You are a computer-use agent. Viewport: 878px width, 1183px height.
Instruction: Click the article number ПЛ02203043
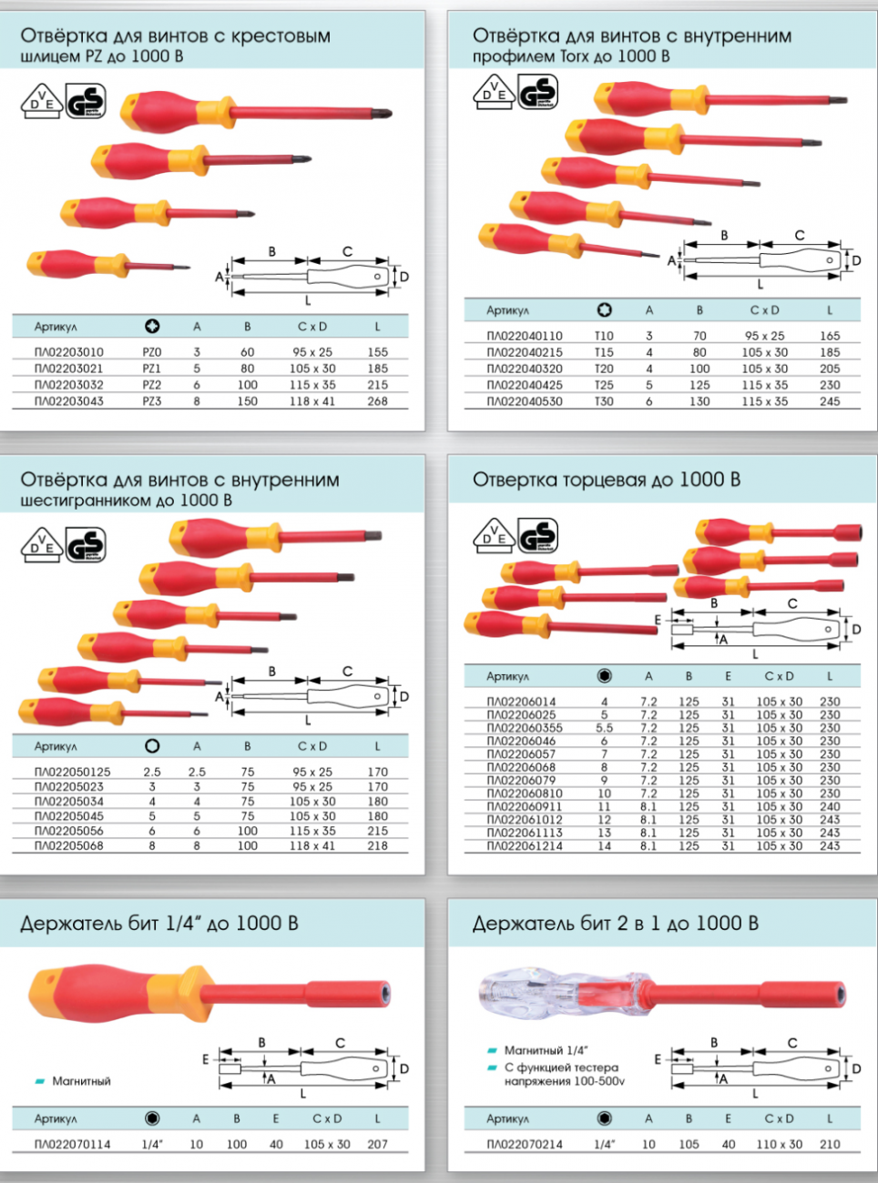69,401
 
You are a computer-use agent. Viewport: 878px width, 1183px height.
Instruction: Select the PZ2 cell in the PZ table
152,385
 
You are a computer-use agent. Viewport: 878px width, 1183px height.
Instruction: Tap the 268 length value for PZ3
378,401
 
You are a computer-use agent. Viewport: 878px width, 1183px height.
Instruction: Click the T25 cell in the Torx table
604,385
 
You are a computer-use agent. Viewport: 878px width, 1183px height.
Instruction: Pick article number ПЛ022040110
525,336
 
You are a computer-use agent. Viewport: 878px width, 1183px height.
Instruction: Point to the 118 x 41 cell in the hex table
312,845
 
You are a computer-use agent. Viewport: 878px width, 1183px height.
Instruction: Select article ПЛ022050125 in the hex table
73,772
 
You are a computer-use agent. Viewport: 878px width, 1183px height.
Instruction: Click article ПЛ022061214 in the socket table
525,846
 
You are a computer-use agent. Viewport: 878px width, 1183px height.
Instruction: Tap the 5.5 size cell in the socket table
604,728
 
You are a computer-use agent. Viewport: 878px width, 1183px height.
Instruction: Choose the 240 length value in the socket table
830,806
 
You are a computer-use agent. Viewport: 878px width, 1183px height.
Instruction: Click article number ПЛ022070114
73,1144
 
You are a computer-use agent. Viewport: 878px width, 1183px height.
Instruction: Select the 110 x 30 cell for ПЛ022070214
780,1144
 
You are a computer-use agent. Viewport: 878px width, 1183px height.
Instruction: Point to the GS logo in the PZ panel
86,100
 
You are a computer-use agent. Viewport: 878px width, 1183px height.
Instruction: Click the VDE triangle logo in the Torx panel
494,92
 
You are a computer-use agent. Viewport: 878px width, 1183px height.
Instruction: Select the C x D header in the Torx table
764,310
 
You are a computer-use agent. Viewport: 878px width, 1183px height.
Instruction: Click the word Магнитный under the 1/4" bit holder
81,1081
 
